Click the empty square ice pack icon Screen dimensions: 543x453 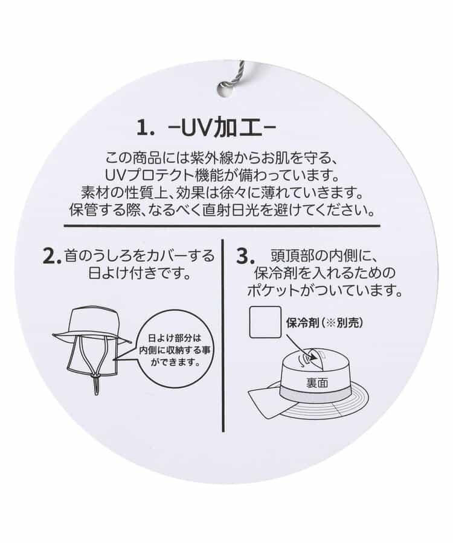click(265, 323)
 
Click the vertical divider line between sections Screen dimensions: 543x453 click(224, 338)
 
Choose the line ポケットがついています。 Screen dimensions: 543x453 click(325, 290)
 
